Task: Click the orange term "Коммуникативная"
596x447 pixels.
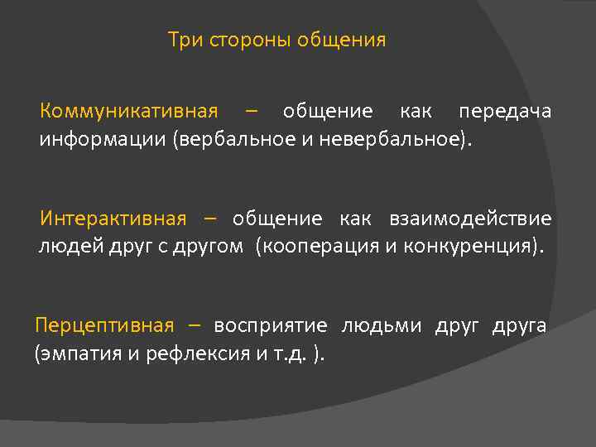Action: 129,112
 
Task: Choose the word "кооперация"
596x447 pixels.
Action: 320,246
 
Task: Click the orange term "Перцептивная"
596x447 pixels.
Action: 104,325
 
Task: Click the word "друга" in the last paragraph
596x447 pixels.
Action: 519,325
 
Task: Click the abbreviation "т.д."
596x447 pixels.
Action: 290,354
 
